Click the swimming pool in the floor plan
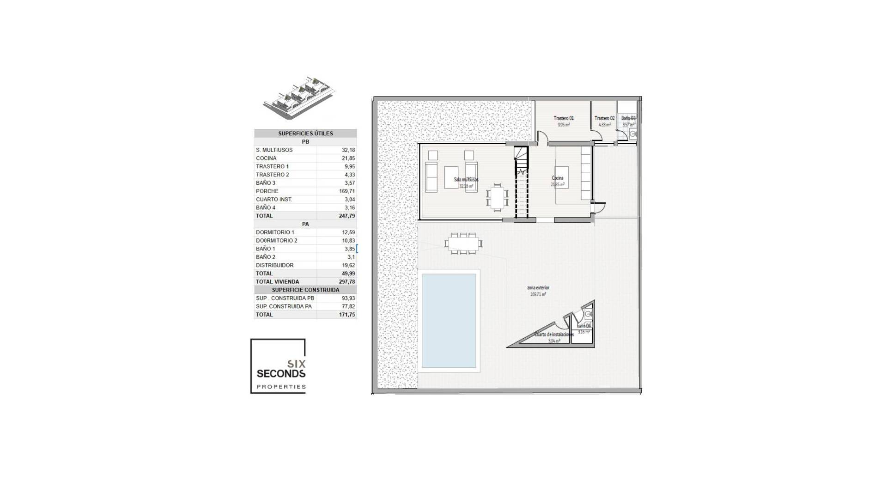point(449,320)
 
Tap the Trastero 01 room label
point(564,119)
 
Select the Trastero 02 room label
point(604,119)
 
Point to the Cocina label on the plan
point(558,178)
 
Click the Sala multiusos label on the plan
point(466,180)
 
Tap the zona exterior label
point(538,288)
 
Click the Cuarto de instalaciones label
point(554,335)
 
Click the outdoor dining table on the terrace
point(463,243)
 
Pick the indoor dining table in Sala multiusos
point(497,197)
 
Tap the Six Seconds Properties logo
point(278,366)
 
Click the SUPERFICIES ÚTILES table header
point(305,134)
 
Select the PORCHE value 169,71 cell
point(346,191)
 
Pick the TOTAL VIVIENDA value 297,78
point(346,282)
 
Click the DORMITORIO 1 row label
point(275,232)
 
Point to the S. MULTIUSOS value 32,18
point(348,150)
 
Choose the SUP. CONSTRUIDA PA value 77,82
point(348,306)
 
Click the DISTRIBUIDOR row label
point(274,265)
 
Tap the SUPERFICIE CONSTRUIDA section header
point(305,290)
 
